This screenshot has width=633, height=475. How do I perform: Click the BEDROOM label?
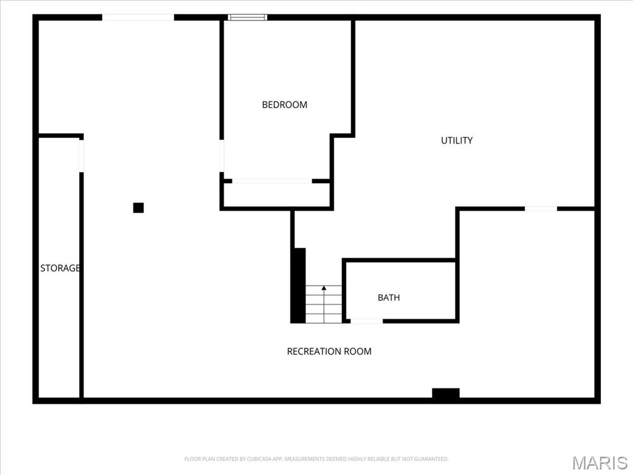(284, 105)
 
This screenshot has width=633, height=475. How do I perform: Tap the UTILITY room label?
(457, 140)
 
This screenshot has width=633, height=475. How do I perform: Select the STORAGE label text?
(60, 268)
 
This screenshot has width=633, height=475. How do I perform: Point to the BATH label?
(389, 297)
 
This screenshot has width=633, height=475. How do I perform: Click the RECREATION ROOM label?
(329, 351)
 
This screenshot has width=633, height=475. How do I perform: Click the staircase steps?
(324, 304)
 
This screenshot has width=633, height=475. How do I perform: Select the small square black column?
(138, 208)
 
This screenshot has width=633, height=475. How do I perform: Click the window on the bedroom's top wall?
(247, 17)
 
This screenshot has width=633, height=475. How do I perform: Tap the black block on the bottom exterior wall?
(446, 393)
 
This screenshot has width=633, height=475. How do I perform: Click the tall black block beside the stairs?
(298, 285)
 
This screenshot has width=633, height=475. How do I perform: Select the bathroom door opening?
(366, 321)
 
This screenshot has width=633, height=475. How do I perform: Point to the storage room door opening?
(82, 156)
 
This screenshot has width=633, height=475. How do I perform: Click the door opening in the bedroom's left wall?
(222, 155)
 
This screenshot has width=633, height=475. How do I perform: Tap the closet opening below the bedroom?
(272, 181)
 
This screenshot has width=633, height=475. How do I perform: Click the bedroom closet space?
(277, 195)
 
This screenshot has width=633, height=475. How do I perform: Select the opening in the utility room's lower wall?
(541, 208)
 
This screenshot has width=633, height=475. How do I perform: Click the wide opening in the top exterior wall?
(138, 17)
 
